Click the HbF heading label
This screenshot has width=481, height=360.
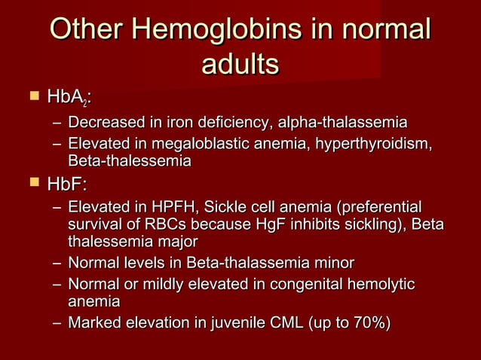coord(67,184)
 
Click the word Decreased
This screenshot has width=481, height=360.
coord(104,123)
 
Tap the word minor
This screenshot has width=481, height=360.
coord(335,263)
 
